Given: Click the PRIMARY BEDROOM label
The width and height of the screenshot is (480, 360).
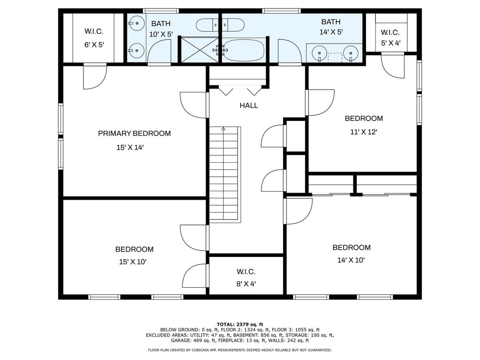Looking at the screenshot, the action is (x=135, y=134).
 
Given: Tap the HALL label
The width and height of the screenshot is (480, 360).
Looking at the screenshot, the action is (x=249, y=105).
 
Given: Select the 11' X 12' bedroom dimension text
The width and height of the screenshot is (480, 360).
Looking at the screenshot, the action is (x=364, y=132).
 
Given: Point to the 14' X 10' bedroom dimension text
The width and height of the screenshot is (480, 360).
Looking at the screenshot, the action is (x=351, y=260).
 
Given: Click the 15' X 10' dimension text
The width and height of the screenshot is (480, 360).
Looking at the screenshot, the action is (x=133, y=262).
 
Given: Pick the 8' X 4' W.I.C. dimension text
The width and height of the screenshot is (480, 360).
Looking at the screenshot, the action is (x=246, y=284).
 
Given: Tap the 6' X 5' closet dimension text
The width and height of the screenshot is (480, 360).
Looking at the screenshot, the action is (x=94, y=45).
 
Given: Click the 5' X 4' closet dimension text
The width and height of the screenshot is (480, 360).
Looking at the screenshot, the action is (x=391, y=43).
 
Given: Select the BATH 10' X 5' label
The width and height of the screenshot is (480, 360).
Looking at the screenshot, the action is (x=161, y=29).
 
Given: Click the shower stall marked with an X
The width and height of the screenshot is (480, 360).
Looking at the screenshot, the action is (x=200, y=50).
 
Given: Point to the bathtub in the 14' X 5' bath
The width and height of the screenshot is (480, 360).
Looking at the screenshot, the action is (x=244, y=50).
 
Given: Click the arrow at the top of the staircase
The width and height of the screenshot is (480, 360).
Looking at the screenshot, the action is (x=224, y=129).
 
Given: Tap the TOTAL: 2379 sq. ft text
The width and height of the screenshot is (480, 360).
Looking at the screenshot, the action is (x=240, y=324).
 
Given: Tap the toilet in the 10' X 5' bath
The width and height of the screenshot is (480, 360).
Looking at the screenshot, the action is (x=205, y=25).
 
